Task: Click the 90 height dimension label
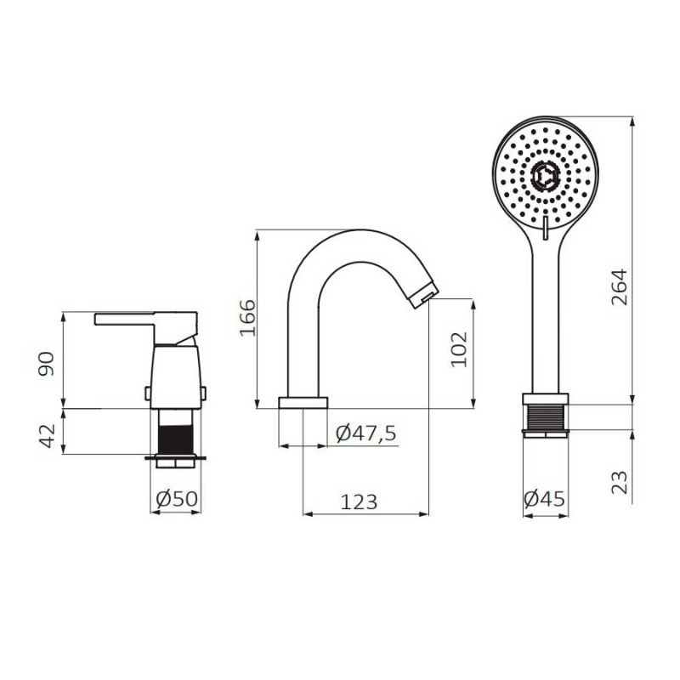point(47,364)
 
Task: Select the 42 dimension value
point(47,436)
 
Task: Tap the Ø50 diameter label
point(177,499)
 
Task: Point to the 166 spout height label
point(247,317)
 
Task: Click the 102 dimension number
point(459,349)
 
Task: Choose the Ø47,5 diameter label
point(366,433)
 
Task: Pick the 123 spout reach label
point(359,502)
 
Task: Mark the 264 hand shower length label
point(620,287)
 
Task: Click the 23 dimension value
point(620,482)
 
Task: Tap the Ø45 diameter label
point(544,499)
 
